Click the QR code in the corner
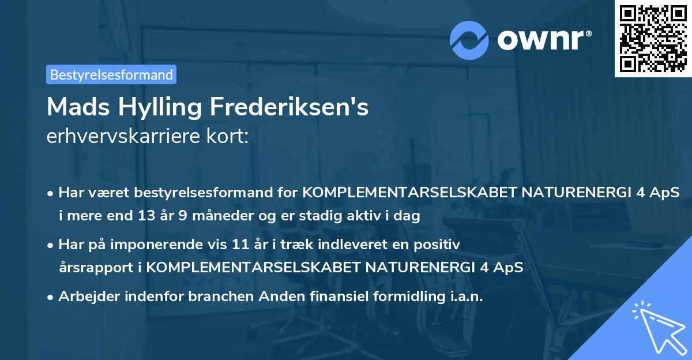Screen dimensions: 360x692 click(653, 38)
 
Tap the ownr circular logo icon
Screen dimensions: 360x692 click(469, 39)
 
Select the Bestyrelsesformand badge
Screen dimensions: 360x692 click(111, 74)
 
